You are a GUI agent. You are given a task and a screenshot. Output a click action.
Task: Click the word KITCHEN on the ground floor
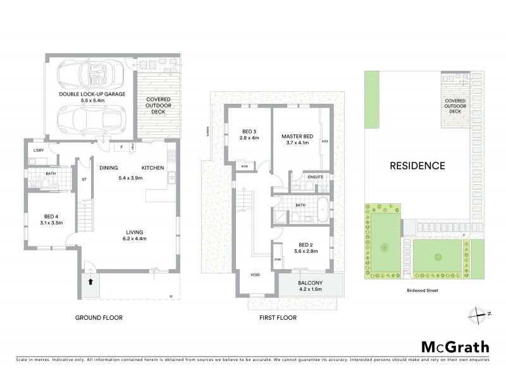152,167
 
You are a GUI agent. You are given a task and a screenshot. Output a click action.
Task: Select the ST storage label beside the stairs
83,179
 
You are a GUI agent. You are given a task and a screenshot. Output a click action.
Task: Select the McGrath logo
454,347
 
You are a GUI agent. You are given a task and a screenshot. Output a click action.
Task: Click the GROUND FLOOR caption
99,317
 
